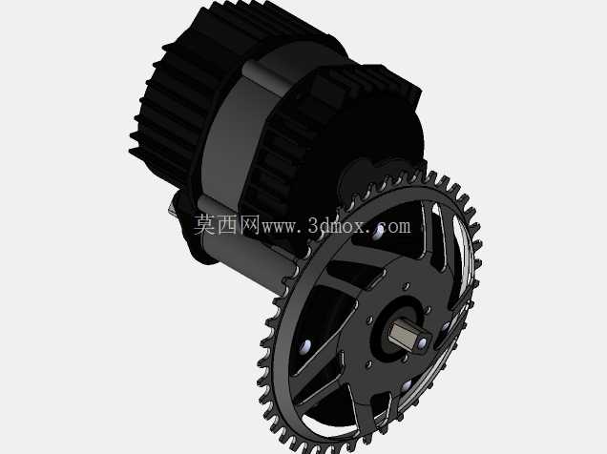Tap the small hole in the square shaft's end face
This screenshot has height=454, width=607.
point(423,342)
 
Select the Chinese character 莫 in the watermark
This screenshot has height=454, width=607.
point(205,225)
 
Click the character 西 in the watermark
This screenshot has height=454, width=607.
point(227,225)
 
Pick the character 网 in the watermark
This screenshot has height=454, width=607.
point(250,225)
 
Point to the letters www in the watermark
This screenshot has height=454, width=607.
point(281,227)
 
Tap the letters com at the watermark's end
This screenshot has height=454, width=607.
point(395,226)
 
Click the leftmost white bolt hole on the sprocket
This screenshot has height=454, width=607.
point(306,345)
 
